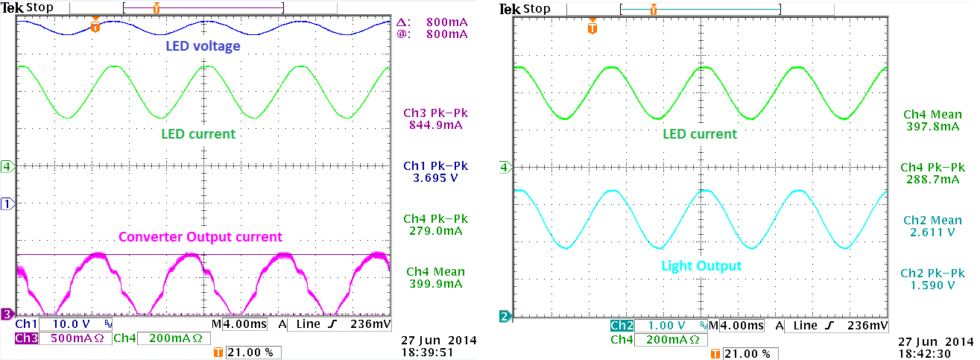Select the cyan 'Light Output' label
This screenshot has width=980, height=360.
click(701, 266)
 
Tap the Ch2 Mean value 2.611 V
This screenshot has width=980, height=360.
click(932, 233)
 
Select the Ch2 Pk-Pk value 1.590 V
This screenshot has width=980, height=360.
click(932, 285)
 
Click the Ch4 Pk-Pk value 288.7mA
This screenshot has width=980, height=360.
click(932, 180)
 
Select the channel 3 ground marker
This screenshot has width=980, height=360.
click(7, 313)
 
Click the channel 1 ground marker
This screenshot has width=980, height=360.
click(7, 203)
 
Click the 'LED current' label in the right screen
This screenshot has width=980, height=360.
click(700, 134)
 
